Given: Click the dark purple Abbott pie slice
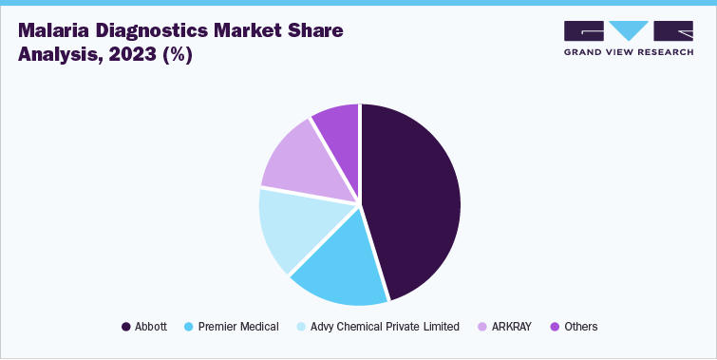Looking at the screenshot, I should tap(413, 199).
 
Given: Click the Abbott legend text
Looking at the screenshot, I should tap(151, 327).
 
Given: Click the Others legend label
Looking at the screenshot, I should tap(580, 327).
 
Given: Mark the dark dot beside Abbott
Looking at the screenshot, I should tap(126, 327).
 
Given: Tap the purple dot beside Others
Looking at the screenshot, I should tap(556, 327).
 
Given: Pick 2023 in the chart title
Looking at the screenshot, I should tap(124, 54).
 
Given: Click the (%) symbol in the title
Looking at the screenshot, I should tap(178, 54).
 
